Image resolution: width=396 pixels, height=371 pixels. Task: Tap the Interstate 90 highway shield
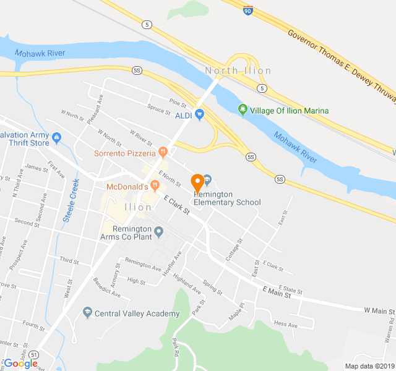coord(247,10)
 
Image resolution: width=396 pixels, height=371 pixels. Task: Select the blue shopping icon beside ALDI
coord(199,114)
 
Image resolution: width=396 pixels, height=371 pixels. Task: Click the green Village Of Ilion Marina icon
coord(243,111)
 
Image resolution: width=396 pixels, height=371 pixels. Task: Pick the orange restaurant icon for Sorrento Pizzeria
coord(162,150)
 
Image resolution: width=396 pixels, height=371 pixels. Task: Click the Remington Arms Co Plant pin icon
coord(158,232)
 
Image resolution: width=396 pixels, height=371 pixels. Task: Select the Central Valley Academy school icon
coord(87,313)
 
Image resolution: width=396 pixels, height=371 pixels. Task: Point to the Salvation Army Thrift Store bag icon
coord(57,137)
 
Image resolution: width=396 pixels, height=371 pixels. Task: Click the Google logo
coord(20,364)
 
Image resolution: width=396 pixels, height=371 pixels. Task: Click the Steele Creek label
coord(72,200)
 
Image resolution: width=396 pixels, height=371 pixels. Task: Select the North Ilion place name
coord(238,70)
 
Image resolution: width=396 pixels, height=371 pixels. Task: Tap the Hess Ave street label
coord(286,324)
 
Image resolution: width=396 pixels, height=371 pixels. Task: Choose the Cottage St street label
coord(234,250)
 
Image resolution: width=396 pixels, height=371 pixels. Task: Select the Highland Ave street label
coord(187,284)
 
